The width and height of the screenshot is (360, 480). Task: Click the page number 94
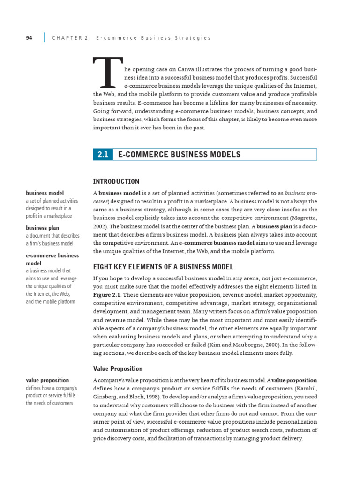coord(29,38)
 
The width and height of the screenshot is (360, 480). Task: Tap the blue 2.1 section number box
coord(103,155)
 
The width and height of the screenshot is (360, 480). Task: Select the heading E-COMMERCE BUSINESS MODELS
coord(179,155)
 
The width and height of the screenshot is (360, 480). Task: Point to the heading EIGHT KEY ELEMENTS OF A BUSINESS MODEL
coord(163,267)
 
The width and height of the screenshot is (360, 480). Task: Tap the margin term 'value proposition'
coord(47,380)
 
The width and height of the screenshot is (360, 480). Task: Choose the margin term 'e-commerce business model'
coord(52,259)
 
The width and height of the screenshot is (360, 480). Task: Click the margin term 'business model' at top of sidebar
coord(45,193)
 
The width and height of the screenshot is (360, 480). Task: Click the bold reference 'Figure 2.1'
coord(109,294)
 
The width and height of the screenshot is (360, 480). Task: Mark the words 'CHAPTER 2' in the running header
coord(70,38)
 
